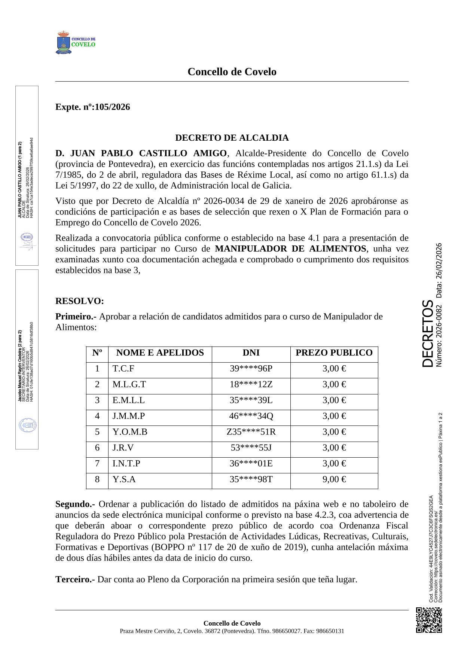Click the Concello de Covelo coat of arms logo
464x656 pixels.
(x=64, y=43)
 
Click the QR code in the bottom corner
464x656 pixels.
(x=429, y=620)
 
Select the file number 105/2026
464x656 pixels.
(x=112, y=107)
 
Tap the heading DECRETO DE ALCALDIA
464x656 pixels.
(x=232, y=138)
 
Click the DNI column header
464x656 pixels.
(x=251, y=353)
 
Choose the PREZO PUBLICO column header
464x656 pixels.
(x=334, y=353)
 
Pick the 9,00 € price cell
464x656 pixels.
(x=334, y=479)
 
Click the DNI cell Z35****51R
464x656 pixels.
(x=251, y=432)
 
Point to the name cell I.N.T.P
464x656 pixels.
(x=126, y=463)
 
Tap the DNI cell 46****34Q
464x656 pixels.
(x=251, y=416)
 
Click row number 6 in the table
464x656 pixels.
(x=97, y=448)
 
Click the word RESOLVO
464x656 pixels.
(x=79, y=301)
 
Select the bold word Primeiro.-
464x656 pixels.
(x=76, y=317)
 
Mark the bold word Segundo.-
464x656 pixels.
(x=75, y=504)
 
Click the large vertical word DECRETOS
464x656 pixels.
(x=428, y=333)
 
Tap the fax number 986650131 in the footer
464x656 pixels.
(x=330, y=631)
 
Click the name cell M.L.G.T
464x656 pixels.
(x=129, y=384)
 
